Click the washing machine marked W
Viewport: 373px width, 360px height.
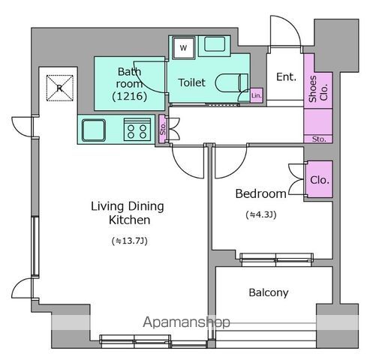(184, 47)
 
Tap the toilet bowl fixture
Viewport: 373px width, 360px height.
(231, 82)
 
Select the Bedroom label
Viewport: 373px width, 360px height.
(260, 193)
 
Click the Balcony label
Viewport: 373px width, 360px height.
(269, 292)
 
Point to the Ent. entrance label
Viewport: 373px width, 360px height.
(286, 76)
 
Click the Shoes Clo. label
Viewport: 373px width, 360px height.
(318, 88)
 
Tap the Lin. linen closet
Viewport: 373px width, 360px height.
(257, 95)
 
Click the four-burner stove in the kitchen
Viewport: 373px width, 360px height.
(137, 130)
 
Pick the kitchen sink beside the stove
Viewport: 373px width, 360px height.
(94, 130)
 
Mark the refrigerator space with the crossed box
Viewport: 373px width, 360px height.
(60, 88)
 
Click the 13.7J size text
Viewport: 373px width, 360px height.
(129, 241)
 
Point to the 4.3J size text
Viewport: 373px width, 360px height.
(261, 214)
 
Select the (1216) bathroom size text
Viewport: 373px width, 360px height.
(129, 96)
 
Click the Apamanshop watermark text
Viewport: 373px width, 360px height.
(186, 322)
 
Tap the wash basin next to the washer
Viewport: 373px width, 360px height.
(215, 45)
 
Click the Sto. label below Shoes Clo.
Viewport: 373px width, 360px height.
(319, 139)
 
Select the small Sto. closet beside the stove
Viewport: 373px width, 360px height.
(163, 129)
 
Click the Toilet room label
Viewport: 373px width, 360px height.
(191, 82)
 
